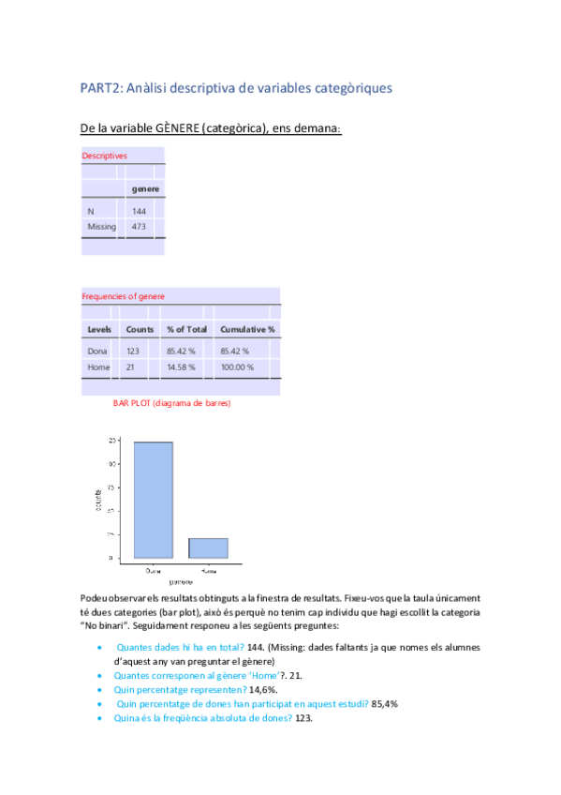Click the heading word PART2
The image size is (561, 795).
coord(98,88)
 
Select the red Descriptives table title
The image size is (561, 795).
coord(104,156)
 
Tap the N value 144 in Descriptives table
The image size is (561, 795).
coord(139,212)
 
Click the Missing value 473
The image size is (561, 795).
coord(139,227)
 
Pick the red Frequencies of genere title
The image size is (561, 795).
coord(123,296)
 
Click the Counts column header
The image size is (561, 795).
coord(140,330)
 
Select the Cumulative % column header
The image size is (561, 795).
coord(247,330)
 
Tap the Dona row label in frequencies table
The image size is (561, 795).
coord(98,352)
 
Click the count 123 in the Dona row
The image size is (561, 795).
coord(133,352)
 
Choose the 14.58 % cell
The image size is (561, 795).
coord(181,367)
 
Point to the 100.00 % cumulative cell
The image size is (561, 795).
coord(237,367)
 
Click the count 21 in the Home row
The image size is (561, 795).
coord(130,367)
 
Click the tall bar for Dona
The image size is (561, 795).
coord(153,500)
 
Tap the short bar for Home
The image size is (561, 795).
coord(209,548)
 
